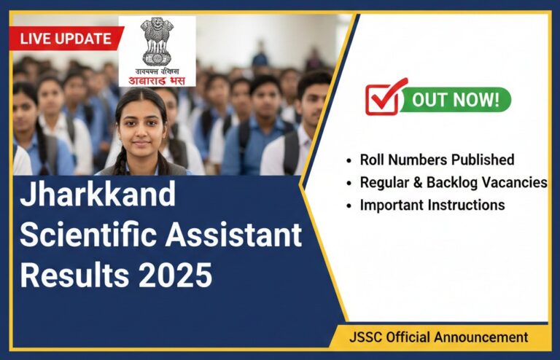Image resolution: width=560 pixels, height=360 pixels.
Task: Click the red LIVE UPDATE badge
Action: click(x=66, y=39)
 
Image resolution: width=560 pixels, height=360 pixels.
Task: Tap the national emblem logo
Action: click(x=157, y=43)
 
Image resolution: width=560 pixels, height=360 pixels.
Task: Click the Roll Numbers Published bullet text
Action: click(x=437, y=160)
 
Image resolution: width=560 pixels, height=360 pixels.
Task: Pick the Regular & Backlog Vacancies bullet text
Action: click(x=453, y=182)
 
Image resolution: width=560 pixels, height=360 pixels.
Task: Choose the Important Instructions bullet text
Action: click(x=432, y=205)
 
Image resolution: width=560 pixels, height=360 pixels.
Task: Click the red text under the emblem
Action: click(x=157, y=77)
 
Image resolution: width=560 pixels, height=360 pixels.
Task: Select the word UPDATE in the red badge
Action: click(x=85, y=39)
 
